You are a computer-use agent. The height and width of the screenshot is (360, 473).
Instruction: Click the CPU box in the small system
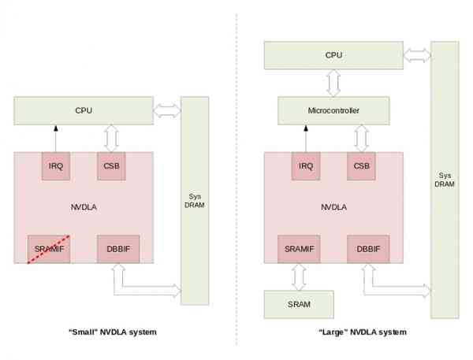[84, 110]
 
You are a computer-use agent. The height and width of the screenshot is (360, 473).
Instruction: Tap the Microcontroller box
[333, 111]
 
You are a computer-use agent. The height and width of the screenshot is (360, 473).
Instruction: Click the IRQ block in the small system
[55, 166]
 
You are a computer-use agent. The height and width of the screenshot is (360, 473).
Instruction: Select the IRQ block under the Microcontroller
[305, 166]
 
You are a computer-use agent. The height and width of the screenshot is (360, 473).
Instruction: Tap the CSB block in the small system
[110, 166]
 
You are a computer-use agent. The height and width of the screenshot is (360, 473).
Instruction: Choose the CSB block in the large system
[361, 166]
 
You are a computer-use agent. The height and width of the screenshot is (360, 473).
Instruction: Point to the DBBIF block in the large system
[367, 249]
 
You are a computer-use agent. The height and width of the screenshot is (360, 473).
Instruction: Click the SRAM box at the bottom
[298, 303]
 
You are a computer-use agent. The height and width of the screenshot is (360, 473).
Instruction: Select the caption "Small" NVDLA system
[112, 332]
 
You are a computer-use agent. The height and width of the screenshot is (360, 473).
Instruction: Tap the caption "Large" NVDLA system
[362, 332]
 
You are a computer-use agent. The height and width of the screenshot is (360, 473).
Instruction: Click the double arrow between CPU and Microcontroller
[333, 83]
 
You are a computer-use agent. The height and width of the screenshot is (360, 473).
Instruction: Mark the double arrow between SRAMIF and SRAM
[298, 276]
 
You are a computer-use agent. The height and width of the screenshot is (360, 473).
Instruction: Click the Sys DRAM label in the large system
[444, 178]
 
